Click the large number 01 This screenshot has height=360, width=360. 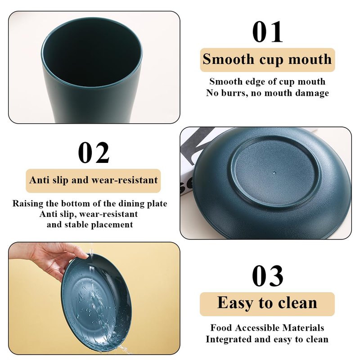tap(267, 32)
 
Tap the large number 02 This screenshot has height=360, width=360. tap(94, 153)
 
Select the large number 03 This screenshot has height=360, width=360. tap(267, 276)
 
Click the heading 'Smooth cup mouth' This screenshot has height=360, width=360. tap(267, 59)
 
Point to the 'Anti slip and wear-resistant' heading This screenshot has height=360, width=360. tap(94, 180)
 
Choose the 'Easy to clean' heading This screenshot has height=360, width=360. tap(267, 303)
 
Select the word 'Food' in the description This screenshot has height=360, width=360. tap(221, 328)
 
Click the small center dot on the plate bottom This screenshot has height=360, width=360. tap(274, 172)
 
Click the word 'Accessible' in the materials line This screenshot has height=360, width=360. tap(257, 328)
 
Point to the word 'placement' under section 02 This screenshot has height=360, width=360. tap(112, 225)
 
